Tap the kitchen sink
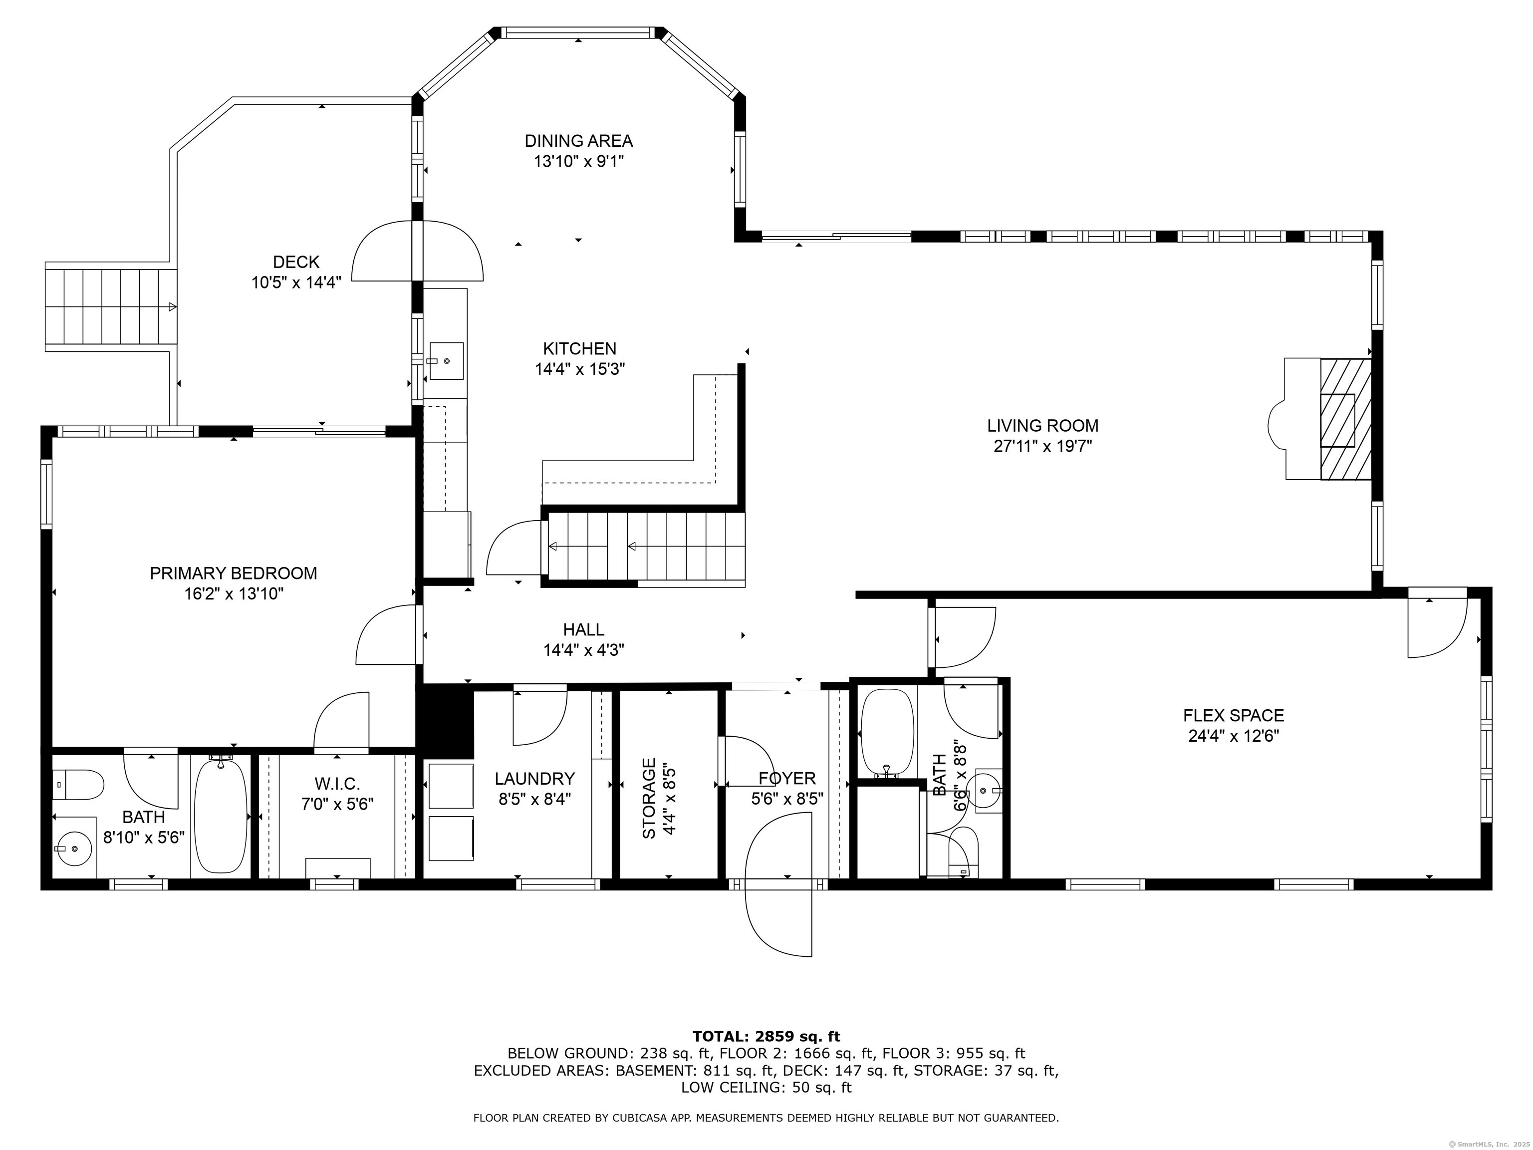coord(446,360)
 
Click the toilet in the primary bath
coord(78,784)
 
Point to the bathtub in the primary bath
coord(221,816)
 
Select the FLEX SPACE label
coord(1233,715)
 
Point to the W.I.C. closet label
coord(337,784)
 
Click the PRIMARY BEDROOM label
coord(234,574)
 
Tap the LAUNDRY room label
coord(534,779)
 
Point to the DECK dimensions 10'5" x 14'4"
coord(296,283)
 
